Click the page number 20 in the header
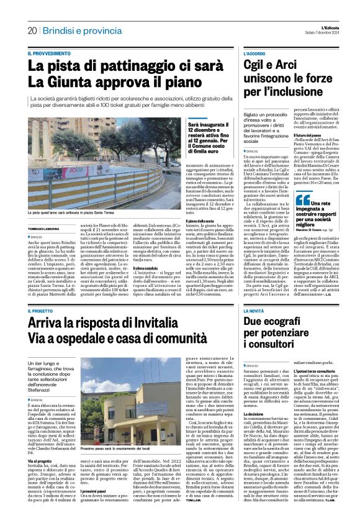tap(32, 30)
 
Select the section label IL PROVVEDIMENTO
tap(50, 55)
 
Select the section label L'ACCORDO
tap(254, 55)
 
